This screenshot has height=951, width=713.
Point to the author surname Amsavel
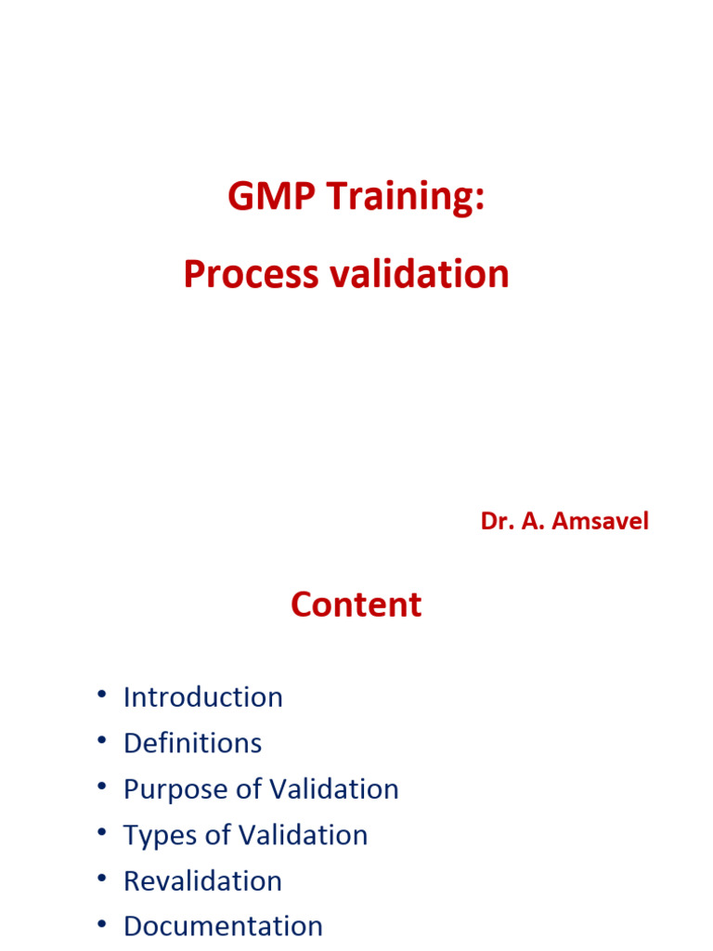point(600,521)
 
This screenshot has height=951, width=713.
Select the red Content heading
point(356,605)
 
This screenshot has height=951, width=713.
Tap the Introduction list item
point(202,697)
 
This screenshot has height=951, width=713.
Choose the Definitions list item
point(192,743)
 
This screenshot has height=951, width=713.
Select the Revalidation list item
point(202,880)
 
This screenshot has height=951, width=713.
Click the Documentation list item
point(223,926)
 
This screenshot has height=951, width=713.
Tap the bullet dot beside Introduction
point(100,697)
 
